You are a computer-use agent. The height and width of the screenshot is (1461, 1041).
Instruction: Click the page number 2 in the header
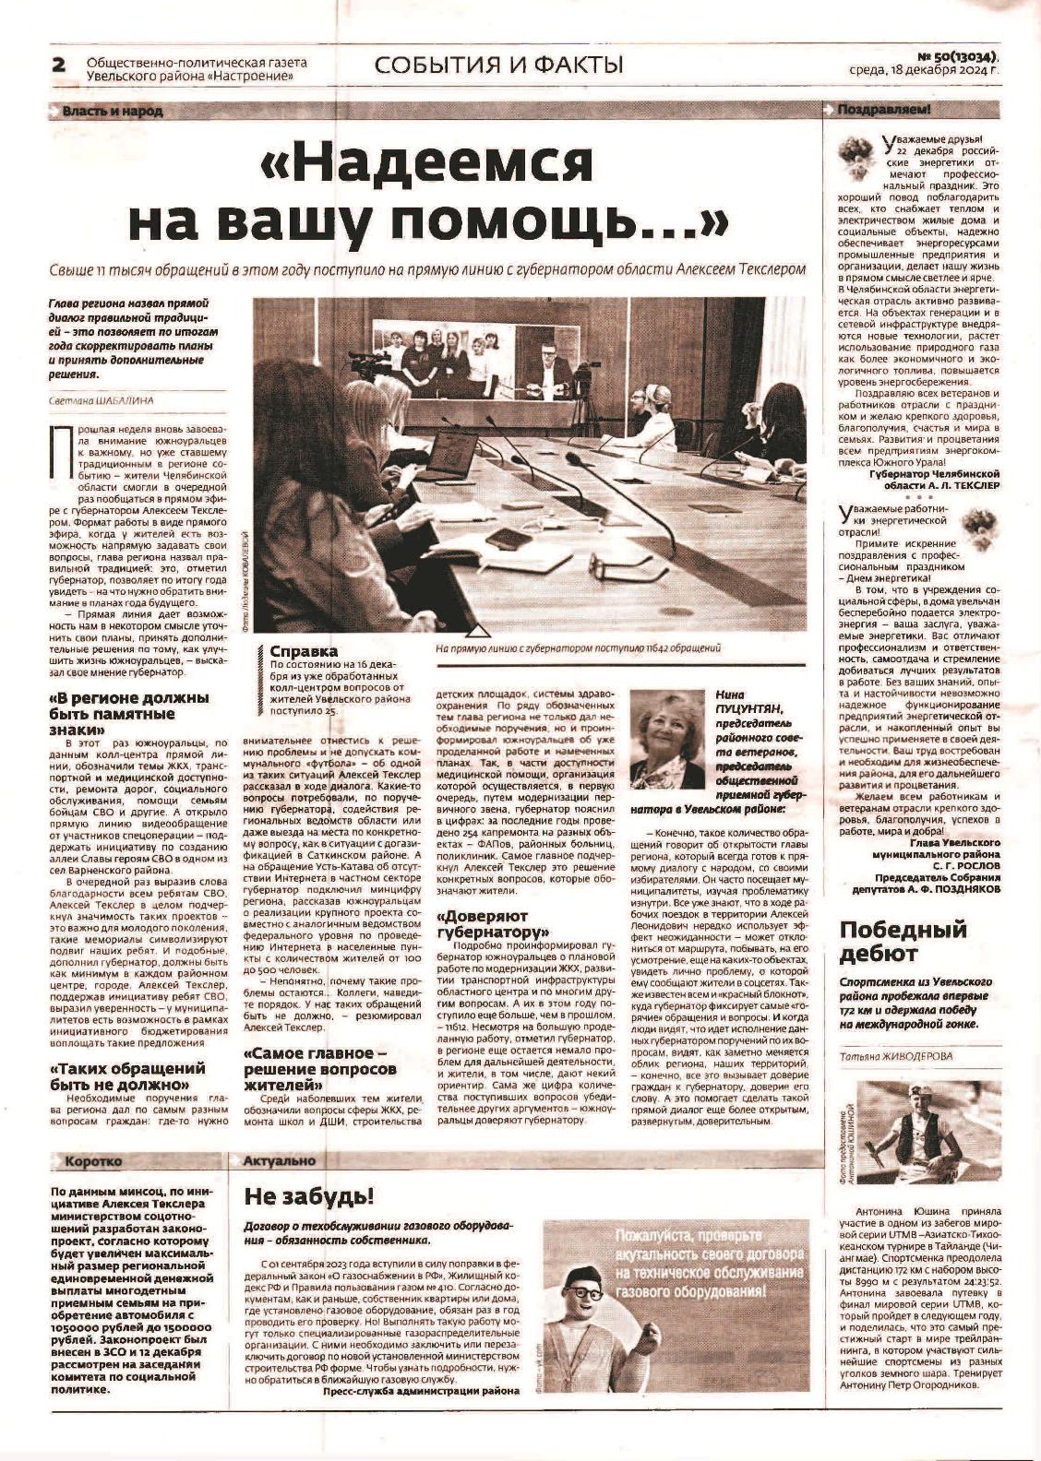[58, 65]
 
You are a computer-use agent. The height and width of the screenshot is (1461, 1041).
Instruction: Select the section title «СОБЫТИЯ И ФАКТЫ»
[498, 65]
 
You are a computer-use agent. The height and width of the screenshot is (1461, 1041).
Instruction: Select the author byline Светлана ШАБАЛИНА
[102, 400]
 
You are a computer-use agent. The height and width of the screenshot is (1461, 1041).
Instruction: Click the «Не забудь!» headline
[308, 1197]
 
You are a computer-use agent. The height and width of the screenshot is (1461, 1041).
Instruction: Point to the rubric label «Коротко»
[93, 1160]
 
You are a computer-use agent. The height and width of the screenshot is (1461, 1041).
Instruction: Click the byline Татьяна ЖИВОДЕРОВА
[896, 1056]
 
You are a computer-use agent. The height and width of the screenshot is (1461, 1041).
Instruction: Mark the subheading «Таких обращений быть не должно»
[126, 1076]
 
